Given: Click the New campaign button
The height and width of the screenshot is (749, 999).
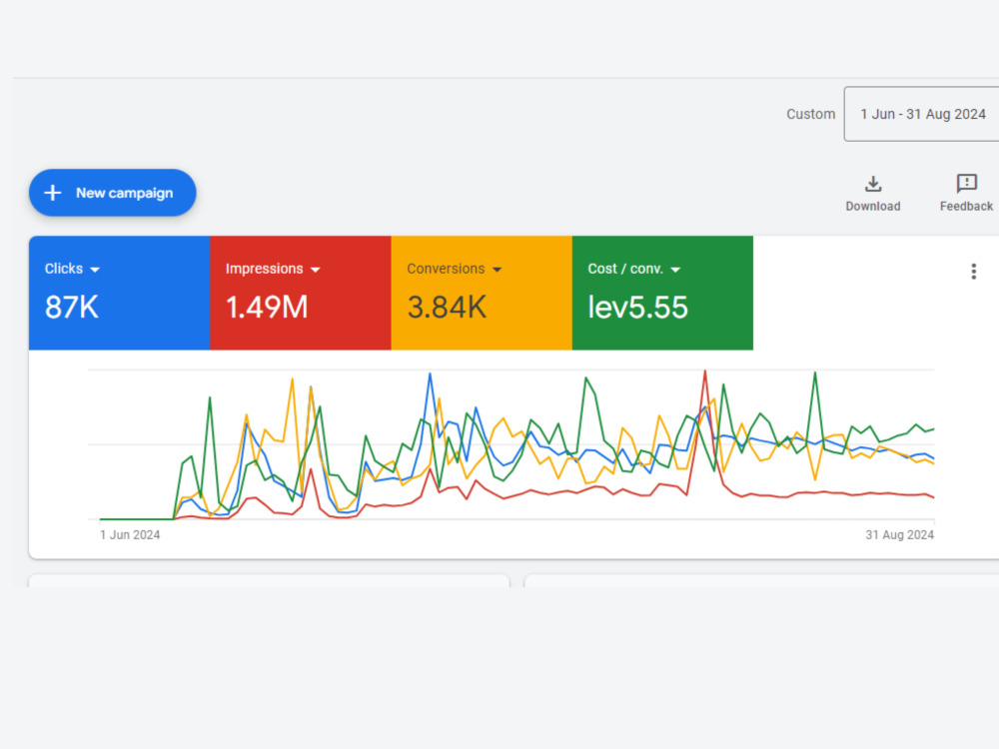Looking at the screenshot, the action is pyautogui.click(x=112, y=193).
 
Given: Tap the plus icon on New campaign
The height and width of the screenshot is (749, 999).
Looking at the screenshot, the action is pyautogui.click(x=53, y=193).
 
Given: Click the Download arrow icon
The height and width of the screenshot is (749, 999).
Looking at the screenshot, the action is pyautogui.click(x=873, y=184).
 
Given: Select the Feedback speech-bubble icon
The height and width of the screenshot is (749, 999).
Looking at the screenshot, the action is pyautogui.click(x=966, y=184).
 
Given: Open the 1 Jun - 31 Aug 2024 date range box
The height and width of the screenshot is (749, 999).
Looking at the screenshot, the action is pyautogui.click(x=922, y=114).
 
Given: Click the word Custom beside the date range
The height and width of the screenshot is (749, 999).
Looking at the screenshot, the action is pyautogui.click(x=810, y=114).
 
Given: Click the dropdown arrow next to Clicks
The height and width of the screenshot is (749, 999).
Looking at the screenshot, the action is pyautogui.click(x=95, y=270).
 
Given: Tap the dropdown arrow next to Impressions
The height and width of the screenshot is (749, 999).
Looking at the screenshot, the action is pyautogui.click(x=315, y=270).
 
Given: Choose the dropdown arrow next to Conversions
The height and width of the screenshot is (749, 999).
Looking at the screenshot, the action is pyautogui.click(x=497, y=270).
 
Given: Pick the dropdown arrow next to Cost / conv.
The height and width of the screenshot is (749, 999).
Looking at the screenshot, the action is pyautogui.click(x=675, y=270).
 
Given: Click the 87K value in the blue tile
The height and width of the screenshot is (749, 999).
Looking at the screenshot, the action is pyautogui.click(x=71, y=307).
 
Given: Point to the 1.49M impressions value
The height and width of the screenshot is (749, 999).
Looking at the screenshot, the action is pyautogui.click(x=267, y=307).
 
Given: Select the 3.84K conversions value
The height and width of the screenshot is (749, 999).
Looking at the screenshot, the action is pyautogui.click(x=447, y=307).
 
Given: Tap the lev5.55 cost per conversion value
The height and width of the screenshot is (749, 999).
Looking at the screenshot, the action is pyautogui.click(x=637, y=307).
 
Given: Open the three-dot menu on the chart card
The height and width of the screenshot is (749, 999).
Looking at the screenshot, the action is pyautogui.click(x=973, y=272).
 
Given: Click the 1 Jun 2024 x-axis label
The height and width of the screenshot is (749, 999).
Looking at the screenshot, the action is pyautogui.click(x=130, y=535).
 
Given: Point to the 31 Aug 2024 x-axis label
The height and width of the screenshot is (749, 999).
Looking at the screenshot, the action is pyautogui.click(x=900, y=535).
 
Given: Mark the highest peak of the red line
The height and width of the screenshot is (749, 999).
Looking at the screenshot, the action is pyautogui.click(x=704, y=371).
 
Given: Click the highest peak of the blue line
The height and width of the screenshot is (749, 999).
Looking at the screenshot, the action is pyautogui.click(x=430, y=374).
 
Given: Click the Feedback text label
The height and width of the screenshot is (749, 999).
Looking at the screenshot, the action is pyautogui.click(x=966, y=207).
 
